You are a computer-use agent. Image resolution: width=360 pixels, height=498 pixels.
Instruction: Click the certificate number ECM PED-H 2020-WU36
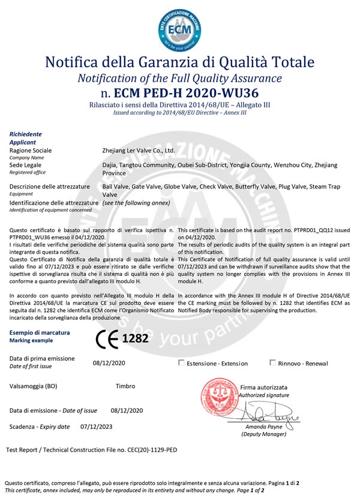[188, 93]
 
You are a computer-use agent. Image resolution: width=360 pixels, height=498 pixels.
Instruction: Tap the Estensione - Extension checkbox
[182, 362]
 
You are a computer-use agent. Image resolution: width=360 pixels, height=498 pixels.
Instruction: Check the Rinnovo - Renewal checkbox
[273, 362]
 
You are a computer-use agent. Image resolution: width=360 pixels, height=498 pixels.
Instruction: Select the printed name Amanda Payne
[263, 427]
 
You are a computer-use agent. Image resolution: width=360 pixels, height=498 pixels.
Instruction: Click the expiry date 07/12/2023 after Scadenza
[96, 427]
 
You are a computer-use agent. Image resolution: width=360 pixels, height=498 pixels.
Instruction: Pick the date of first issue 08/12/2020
[109, 363]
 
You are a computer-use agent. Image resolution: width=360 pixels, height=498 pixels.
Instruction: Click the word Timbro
[125, 386]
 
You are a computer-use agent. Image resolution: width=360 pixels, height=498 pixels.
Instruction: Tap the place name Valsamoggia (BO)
[34, 386]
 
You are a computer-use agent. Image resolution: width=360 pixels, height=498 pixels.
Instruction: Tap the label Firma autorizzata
[263, 388]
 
